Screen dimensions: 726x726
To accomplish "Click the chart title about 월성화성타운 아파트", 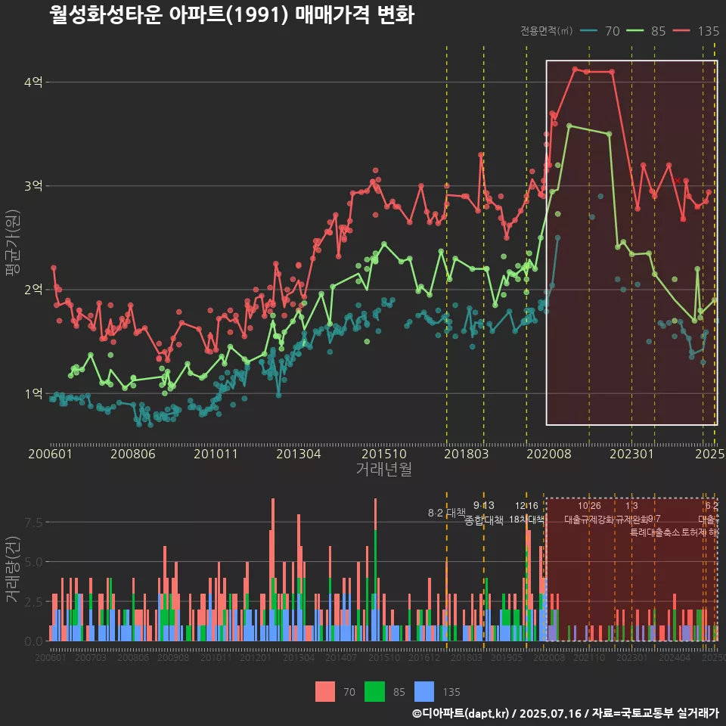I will point(231,15).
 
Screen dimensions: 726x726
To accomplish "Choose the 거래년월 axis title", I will point(383,470).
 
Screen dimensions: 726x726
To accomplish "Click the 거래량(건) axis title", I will point(13,569).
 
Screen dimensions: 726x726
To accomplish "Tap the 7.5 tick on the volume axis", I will point(33,523).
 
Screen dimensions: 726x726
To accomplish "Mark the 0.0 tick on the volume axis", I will point(33,641).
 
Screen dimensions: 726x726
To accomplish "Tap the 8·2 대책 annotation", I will point(446,513).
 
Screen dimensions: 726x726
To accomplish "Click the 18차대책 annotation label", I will point(526,520).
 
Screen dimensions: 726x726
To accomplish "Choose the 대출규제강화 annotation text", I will point(589,520).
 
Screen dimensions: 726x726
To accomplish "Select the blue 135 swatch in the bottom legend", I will point(426,691).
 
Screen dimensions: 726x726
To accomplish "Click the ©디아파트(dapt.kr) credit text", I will point(461,713).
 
